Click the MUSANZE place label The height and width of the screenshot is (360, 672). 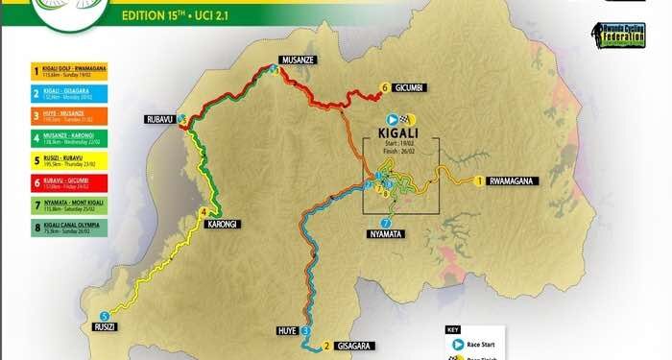pyautogui.click(x=298, y=59)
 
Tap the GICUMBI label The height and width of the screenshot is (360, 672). pyautogui.click(x=416, y=88)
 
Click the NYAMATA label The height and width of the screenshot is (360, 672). pyautogui.click(x=386, y=233)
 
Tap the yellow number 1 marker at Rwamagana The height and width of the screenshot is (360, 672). pyautogui.click(x=477, y=180)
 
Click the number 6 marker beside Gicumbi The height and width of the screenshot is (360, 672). pyautogui.click(x=385, y=88)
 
